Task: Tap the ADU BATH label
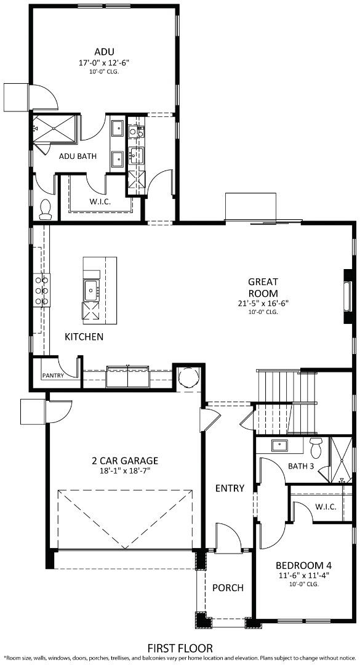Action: pos(78,156)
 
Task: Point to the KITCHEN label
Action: pos(84,337)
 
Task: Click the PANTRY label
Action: pos(53,375)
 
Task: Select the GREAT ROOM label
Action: pos(263,288)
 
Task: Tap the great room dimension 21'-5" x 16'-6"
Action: pos(263,303)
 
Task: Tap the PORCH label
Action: pos(228,587)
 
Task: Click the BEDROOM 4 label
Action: pos(304,565)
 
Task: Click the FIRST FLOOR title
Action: pos(180,648)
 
